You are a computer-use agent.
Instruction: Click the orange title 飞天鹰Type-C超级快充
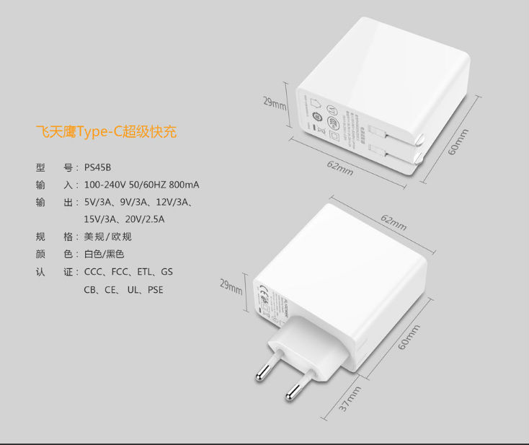[x=106, y=132]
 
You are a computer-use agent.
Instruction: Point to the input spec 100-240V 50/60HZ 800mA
[x=142, y=185]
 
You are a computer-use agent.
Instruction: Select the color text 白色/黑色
[x=105, y=255]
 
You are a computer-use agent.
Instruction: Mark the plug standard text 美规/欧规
[x=108, y=237]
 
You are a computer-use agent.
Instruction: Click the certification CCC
[x=94, y=273]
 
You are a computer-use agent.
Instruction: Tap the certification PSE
[x=156, y=290]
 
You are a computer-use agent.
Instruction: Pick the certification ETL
[x=146, y=273]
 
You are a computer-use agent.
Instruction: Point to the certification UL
[x=133, y=290]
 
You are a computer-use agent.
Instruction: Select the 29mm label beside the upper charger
[x=275, y=103]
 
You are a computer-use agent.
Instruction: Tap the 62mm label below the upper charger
[x=340, y=167]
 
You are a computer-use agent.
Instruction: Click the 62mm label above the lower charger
[x=394, y=222]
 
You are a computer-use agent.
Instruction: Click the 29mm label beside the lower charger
[x=231, y=286]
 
